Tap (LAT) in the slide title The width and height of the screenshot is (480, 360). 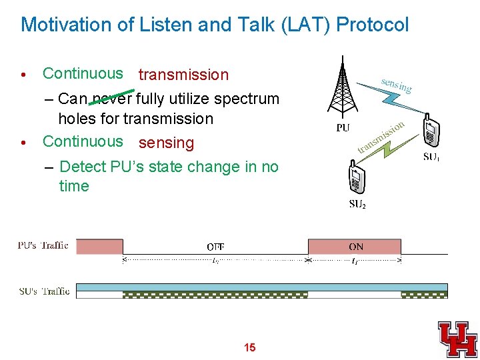coord(305,25)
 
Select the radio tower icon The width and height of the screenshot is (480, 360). coord(343,87)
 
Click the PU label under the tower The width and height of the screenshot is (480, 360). coord(343,128)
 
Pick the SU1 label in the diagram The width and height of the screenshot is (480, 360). coord(431,158)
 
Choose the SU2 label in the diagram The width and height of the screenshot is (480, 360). coord(357,204)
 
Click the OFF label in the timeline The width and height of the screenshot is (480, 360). coord(215,247)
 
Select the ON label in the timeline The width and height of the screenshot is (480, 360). coord(356,247)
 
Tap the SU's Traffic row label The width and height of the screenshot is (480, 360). coord(43,291)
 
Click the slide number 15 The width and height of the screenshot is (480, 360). coord(249,347)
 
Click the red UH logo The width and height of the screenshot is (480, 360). coord(457,339)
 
